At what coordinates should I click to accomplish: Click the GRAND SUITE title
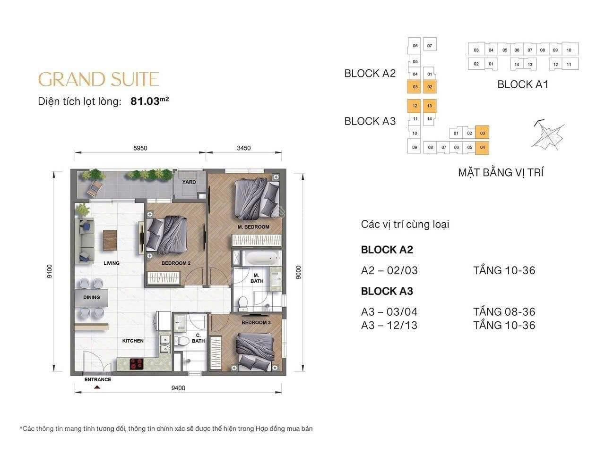click(x=98, y=79)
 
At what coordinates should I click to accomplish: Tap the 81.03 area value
click(x=145, y=101)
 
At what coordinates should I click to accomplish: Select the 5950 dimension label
click(x=140, y=148)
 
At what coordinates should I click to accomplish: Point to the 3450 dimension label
click(x=243, y=148)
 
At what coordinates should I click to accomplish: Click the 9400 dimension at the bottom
click(x=178, y=388)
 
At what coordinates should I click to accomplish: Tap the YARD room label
click(x=189, y=182)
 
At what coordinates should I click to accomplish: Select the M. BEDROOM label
click(x=253, y=227)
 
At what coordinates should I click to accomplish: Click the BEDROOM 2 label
click(x=176, y=263)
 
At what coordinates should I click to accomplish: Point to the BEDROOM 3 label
click(x=256, y=322)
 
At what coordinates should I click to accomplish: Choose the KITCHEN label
click(x=133, y=341)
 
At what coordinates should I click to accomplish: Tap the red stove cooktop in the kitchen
click(x=137, y=363)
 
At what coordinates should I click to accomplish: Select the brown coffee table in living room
click(x=110, y=240)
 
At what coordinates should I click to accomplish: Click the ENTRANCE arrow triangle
click(x=97, y=387)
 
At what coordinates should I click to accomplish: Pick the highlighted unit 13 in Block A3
click(x=430, y=106)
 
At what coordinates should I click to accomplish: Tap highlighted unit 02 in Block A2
click(x=430, y=87)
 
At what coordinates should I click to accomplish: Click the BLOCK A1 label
click(x=523, y=84)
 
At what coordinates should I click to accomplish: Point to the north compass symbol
click(x=548, y=135)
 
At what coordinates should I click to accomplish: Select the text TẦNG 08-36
click(x=504, y=311)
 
